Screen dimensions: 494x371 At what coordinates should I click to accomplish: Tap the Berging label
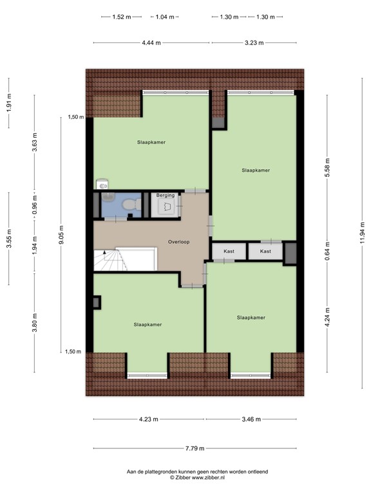click(166, 195)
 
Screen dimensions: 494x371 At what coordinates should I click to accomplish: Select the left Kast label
click(229, 251)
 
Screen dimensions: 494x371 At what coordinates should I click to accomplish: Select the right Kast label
click(265, 251)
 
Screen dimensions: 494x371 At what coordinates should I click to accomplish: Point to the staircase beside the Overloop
click(112, 260)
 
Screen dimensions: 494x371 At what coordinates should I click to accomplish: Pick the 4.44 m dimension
click(152, 42)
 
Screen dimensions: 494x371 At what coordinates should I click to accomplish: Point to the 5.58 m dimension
click(327, 167)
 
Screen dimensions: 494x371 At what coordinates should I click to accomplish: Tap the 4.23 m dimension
click(149, 419)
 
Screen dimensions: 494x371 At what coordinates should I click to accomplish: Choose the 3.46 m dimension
click(251, 419)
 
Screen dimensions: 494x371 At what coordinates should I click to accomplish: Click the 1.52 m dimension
click(117, 17)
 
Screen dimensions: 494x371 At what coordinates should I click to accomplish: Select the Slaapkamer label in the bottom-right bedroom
click(251, 317)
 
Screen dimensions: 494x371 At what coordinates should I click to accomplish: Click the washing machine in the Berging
click(166, 206)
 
